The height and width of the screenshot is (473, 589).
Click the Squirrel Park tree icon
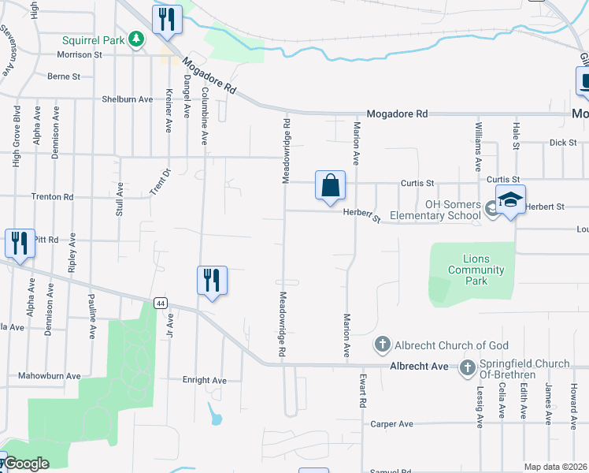[x=136, y=39]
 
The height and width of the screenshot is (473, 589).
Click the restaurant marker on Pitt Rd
[x=20, y=243]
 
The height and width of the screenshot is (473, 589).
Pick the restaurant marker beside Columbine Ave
[x=212, y=281]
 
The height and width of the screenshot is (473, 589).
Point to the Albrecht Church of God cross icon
[x=382, y=345]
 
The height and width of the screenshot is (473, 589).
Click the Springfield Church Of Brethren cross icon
[x=468, y=367]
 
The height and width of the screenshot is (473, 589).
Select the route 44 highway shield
[x=161, y=303]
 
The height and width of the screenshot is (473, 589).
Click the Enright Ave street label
[x=204, y=380]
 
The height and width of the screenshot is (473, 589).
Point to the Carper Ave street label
[x=391, y=424]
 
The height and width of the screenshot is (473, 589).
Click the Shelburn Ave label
[x=127, y=99]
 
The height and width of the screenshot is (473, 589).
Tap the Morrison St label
[x=80, y=54]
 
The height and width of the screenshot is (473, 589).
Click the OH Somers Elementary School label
[x=452, y=210]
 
